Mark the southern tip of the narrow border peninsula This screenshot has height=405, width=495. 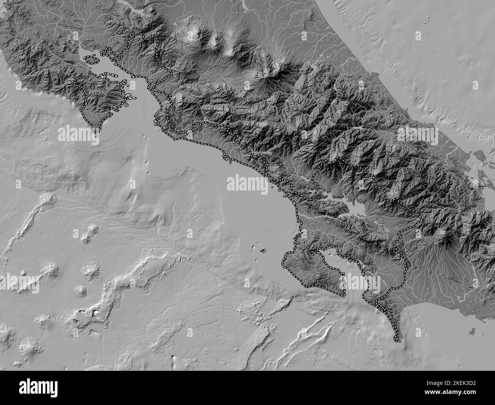coord(396,338)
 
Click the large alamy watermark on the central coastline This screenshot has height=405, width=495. coord(247,184)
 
